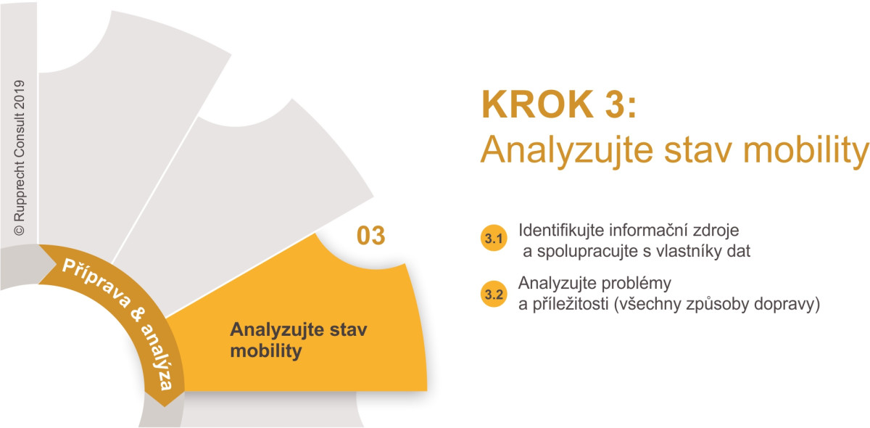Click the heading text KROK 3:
coord(559,104)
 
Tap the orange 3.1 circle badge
coord(494,238)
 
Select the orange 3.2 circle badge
coord(494,294)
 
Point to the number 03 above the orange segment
coord(371,236)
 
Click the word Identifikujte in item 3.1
coord(562,231)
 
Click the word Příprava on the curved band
coord(96,283)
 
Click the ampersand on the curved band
coord(138,315)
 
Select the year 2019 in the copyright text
coord(20,95)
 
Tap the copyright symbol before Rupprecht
coord(20,231)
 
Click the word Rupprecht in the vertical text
coord(20,190)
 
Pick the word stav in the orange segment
coord(348,329)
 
